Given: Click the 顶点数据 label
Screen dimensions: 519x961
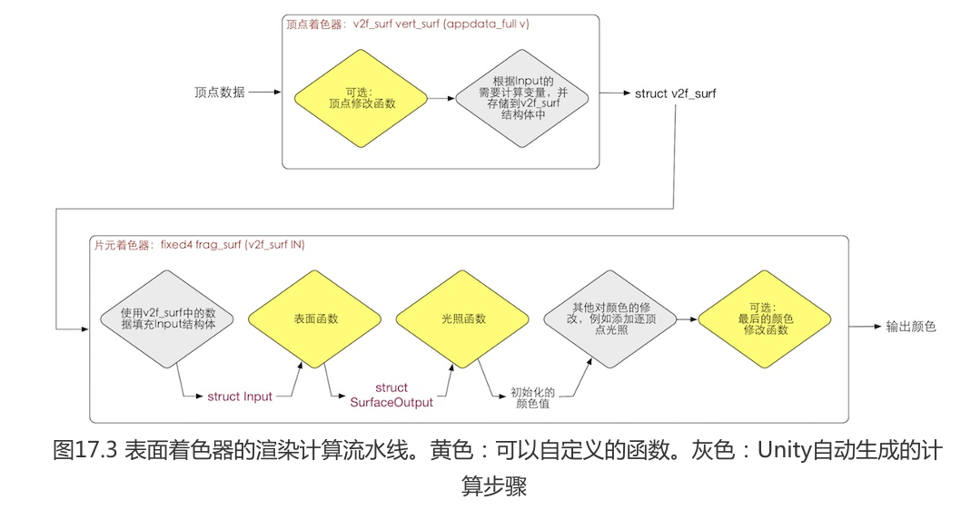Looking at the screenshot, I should (x=219, y=93).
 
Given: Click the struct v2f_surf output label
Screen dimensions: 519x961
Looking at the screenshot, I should (x=675, y=93).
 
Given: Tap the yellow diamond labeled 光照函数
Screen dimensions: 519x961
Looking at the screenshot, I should (x=462, y=318).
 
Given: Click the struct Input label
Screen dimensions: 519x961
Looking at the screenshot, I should (x=240, y=397).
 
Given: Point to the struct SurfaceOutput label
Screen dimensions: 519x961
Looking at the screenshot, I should (x=391, y=395).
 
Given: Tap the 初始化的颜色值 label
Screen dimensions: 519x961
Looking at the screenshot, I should (x=533, y=397).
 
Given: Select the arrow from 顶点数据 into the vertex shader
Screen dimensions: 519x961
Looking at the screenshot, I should (x=263, y=93).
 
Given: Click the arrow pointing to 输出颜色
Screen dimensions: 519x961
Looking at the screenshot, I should (x=863, y=326).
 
